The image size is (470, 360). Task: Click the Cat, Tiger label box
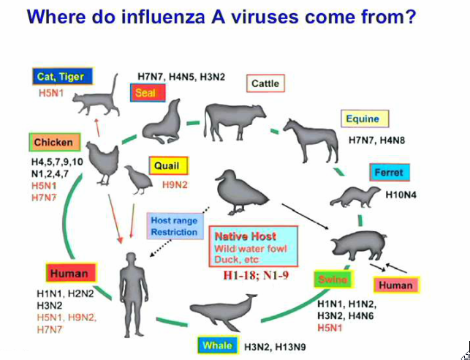pos(61,76)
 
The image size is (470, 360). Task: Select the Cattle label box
pos(265,83)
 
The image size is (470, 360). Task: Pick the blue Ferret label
pos(390,173)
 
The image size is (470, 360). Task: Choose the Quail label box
pos(167,166)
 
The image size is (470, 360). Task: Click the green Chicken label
pos(53,142)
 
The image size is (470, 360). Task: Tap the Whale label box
pos(218,345)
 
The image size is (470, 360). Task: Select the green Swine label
pos(333,280)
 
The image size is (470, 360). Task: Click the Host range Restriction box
pos(174,226)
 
